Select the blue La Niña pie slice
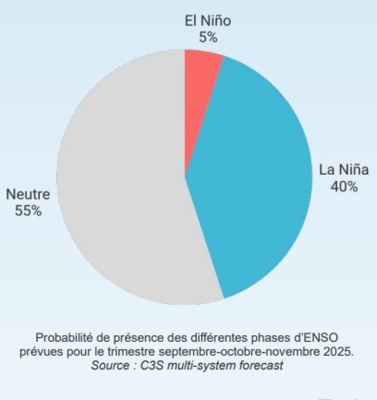pos(253,181)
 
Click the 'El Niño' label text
pos(208,21)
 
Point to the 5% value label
pos(208,37)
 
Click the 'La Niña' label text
pos(344,170)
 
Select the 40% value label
pos(344,186)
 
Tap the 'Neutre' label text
pos(28,195)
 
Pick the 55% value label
pos(28,210)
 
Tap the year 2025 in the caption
pos(341,352)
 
